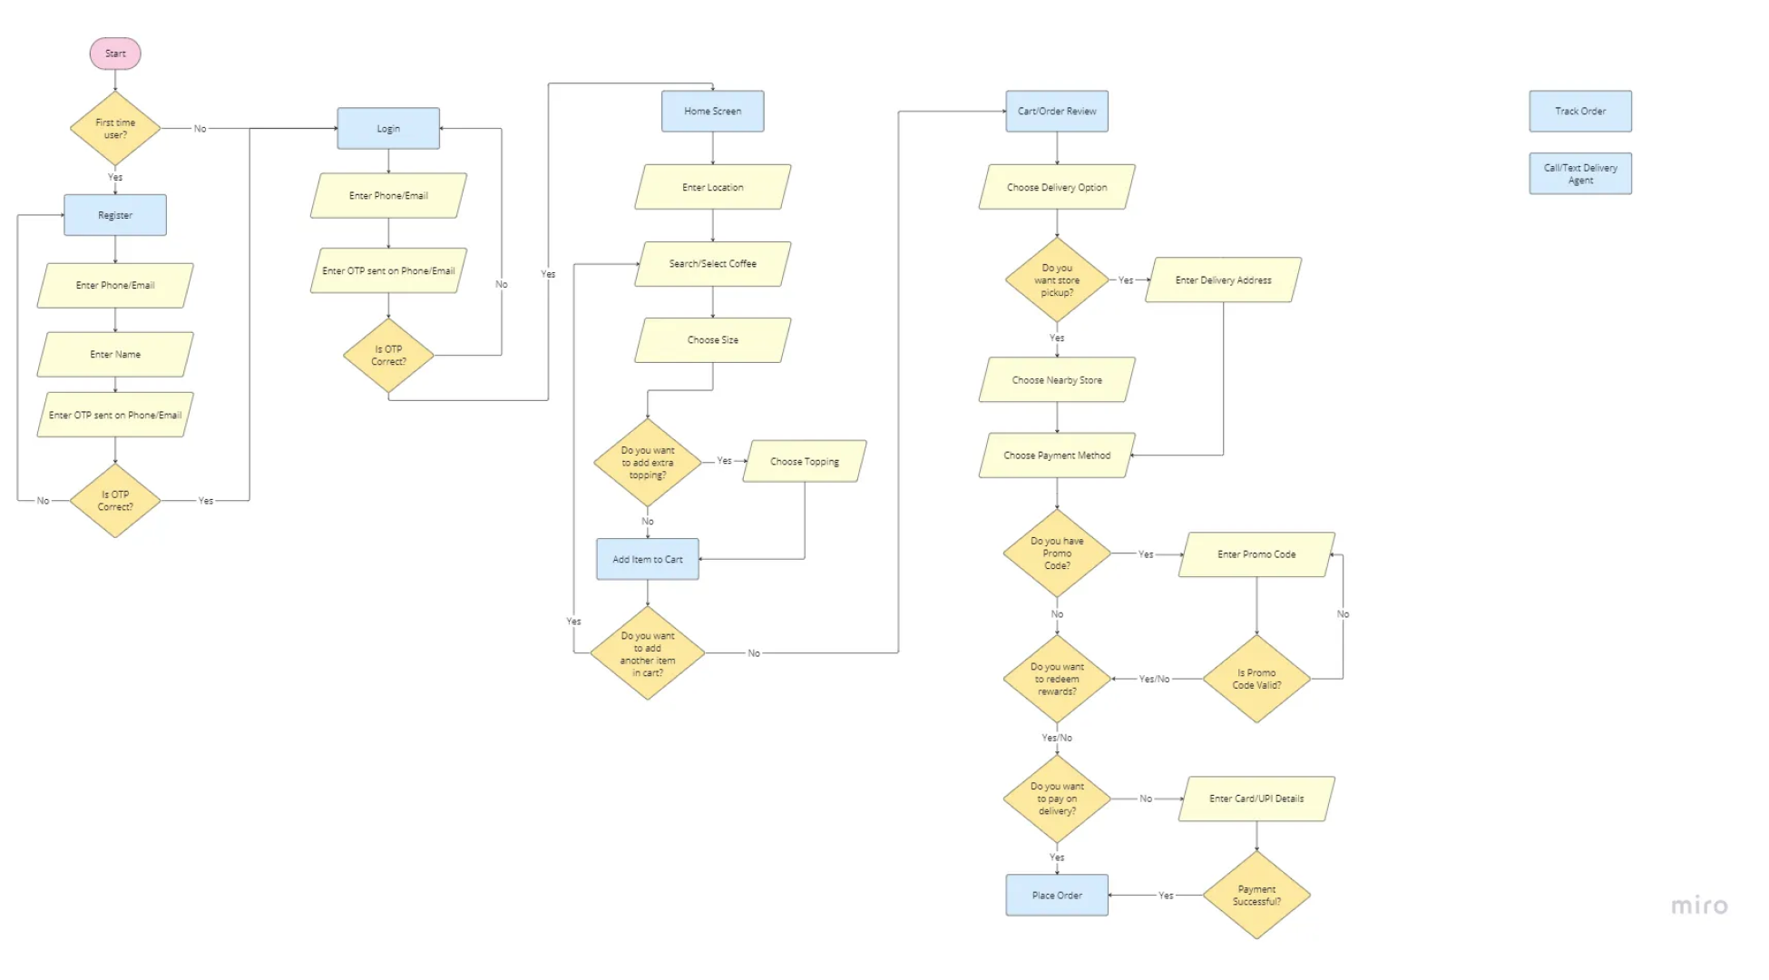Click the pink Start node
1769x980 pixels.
[115, 54]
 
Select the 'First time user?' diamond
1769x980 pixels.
[115, 129]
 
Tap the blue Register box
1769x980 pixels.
[115, 215]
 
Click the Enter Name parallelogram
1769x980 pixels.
[115, 354]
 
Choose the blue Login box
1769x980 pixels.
[388, 129]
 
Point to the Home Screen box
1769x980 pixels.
[712, 111]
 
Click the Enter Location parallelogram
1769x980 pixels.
[712, 187]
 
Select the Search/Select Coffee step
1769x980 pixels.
[712, 263]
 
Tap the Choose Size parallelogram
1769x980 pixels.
[712, 339]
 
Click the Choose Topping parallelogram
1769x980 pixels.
[804, 461]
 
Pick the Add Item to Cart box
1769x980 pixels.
[647, 559]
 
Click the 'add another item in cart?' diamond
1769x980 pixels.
[647, 653]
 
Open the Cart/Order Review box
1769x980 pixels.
[1056, 111]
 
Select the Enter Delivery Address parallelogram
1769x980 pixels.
[1223, 279]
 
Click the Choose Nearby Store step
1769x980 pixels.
[1056, 379]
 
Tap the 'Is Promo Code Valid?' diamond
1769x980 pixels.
[1256, 679]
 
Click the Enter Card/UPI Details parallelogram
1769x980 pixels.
[1256, 799]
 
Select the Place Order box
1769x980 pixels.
[1056, 895]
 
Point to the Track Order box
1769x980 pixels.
[1579, 111]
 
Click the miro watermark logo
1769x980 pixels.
[1699, 906]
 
